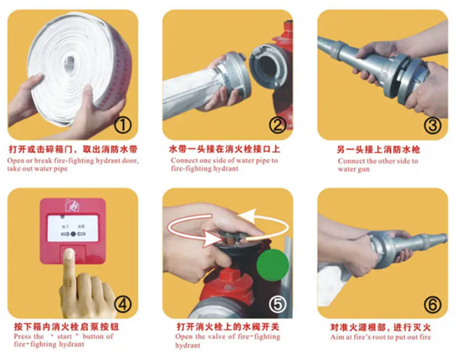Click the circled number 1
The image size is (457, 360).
coord(123,126)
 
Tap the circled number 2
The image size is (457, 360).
coord(278,126)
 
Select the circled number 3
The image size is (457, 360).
coord(432,126)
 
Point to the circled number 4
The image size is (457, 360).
coord(123,305)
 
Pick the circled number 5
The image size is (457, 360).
coord(277,305)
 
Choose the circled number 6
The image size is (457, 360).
coord(432,305)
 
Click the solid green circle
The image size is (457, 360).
coord(272,265)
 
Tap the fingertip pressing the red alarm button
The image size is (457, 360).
coord(69,253)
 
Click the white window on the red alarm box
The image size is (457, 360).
coord(73,229)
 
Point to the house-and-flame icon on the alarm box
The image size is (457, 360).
coord(72,206)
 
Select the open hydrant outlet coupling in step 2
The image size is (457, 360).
coord(267,66)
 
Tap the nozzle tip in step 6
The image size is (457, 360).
coord(445,238)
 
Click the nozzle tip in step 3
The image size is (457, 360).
coord(320,41)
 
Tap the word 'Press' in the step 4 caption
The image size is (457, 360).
coord(22,336)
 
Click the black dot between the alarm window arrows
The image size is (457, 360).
coord(73,234)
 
